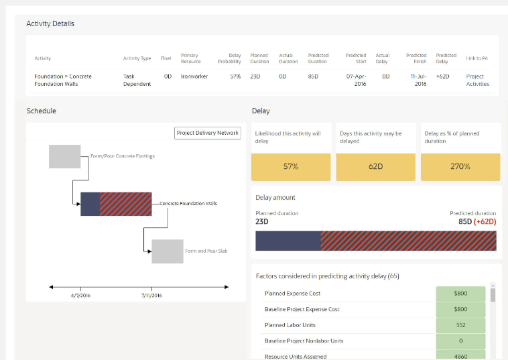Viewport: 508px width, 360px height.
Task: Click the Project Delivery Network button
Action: pyautogui.click(x=207, y=133)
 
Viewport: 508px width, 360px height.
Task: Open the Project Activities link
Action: pyautogui.click(x=477, y=80)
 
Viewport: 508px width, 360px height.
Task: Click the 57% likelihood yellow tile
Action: pyautogui.click(x=290, y=167)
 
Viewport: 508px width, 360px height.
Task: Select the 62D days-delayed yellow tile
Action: pyautogui.click(x=375, y=167)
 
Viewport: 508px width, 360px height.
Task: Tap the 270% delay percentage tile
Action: pyautogui.click(x=460, y=167)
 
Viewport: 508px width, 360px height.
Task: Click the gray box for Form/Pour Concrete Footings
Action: pyautogui.click(x=64, y=156)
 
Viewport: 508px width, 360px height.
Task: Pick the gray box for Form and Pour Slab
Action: pyautogui.click(x=167, y=251)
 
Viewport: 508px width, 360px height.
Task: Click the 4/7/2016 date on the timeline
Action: pyautogui.click(x=80, y=295)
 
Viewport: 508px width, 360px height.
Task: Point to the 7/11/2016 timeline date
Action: pyautogui.click(x=151, y=295)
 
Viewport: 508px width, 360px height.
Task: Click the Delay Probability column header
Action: pyautogui.click(x=230, y=58)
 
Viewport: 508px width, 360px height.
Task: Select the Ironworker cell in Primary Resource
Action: pyautogui.click(x=194, y=76)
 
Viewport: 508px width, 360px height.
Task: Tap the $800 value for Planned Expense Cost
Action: pyautogui.click(x=460, y=294)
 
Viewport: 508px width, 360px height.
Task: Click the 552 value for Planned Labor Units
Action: pyautogui.click(x=460, y=325)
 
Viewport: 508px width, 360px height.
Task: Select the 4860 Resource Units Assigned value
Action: pyautogui.click(x=460, y=356)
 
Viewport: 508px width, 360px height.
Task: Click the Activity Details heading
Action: pyautogui.click(x=50, y=23)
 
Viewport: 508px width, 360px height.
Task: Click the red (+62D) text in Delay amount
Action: pyautogui.click(x=485, y=221)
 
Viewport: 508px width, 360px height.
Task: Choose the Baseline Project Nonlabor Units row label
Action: pyautogui.click(x=304, y=341)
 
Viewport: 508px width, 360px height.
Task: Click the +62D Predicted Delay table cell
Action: pyautogui.click(x=442, y=76)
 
